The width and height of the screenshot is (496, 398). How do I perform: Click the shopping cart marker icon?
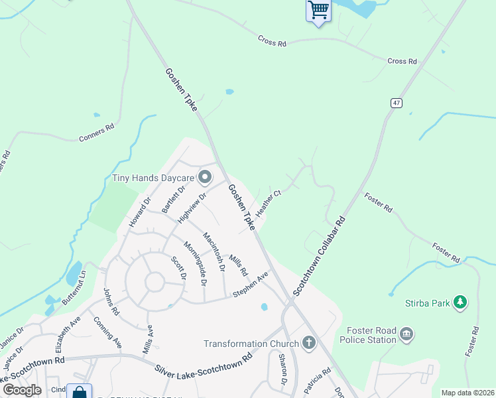(318, 10)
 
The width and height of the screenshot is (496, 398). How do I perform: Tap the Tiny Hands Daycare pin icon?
(205, 177)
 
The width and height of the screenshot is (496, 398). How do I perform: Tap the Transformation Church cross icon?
(308, 343)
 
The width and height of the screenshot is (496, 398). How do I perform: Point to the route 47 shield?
(396, 103)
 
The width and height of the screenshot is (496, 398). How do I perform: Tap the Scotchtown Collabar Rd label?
(320, 256)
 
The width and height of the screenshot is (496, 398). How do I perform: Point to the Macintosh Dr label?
(214, 251)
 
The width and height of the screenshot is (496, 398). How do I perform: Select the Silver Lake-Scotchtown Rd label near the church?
(204, 363)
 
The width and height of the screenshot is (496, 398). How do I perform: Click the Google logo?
(23, 389)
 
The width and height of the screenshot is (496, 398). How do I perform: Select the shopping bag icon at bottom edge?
(80, 393)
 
